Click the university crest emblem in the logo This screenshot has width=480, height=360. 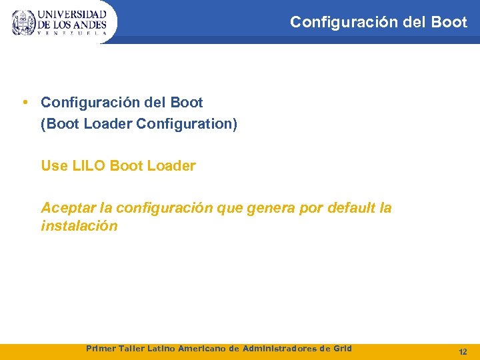pyautogui.click(x=23, y=23)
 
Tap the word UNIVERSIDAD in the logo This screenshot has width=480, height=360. pyautogui.click(x=72, y=14)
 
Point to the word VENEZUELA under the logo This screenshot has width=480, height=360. pyautogui.click(x=72, y=33)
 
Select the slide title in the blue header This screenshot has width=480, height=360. pyautogui.click(x=379, y=22)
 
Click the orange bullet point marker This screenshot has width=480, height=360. pyautogui.click(x=25, y=103)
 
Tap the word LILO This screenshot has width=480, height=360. pyautogui.click(x=88, y=166)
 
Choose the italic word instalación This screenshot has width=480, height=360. pyautogui.click(x=79, y=226)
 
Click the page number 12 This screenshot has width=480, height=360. pyautogui.click(x=463, y=351)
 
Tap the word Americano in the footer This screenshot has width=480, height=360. pyautogui.click(x=202, y=348)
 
